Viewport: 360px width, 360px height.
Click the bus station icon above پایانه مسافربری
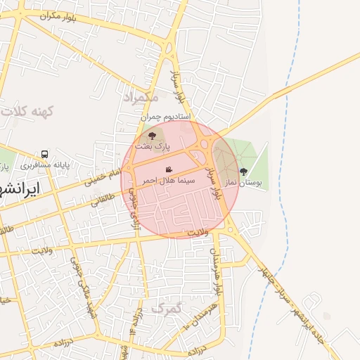[x=45, y=154]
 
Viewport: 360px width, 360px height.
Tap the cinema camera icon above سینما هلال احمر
[x=169, y=170]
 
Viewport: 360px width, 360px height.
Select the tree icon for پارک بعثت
[x=153, y=135]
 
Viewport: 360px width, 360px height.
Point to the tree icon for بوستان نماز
[x=243, y=171]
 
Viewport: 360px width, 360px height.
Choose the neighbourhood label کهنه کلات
[x=28, y=111]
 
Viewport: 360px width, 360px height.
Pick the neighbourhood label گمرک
[x=166, y=308]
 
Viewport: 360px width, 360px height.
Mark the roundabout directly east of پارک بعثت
[x=205, y=144]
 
